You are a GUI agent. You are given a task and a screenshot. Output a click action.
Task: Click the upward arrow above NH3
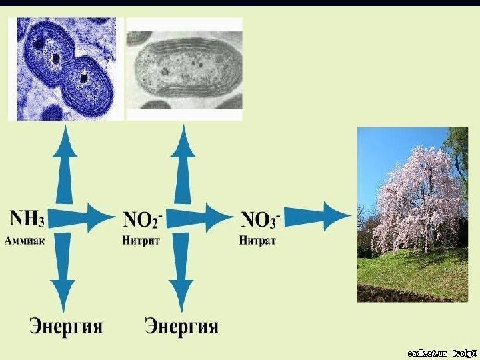[x=65, y=167]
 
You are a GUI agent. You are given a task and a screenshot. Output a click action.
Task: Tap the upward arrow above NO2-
[x=181, y=167]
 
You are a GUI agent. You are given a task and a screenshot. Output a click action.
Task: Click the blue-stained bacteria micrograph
[x=65, y=69]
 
